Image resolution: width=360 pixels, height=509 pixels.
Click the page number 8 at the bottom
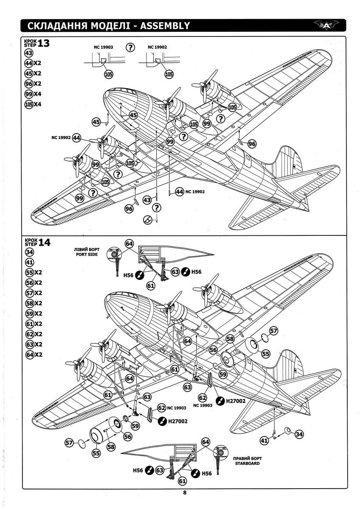pos(185,492)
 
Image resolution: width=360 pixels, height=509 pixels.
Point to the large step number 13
pos(44,43)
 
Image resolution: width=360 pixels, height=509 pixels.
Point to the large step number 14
pos(44,242)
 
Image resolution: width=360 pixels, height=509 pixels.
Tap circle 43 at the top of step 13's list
pos(29,53)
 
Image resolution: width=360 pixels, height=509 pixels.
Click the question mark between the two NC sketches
pos(131,47)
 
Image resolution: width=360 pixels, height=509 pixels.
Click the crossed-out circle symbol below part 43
pos(147,220)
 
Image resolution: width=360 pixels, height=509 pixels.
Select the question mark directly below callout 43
pos(157,207)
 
